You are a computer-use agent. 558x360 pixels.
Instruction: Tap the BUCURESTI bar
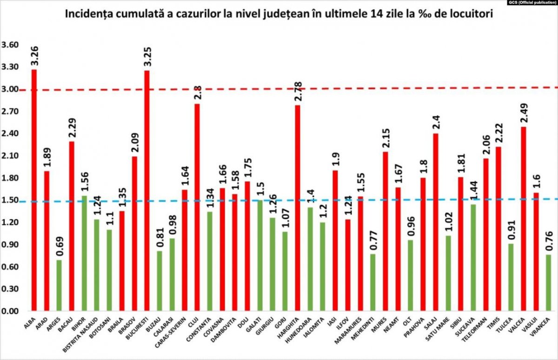147,190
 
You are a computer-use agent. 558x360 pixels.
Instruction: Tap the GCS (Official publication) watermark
531,3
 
